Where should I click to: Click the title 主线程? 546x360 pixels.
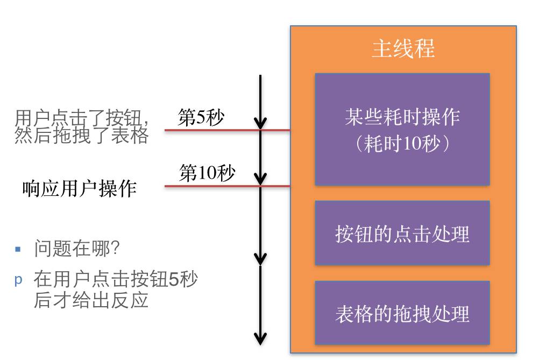(403, 49)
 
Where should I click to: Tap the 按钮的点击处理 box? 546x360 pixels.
(402, 234)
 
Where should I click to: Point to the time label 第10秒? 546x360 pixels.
(207, 174)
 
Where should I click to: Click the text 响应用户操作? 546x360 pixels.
(79, 188)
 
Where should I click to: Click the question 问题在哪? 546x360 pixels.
(76, 249)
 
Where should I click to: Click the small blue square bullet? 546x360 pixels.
(18, 249)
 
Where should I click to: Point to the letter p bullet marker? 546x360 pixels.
(18, 280)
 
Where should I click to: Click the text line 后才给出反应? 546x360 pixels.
(90, 300)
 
